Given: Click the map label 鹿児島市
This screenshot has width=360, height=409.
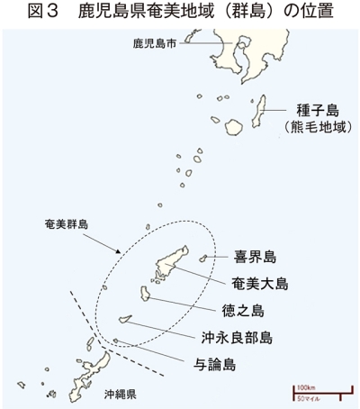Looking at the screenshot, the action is click(x=155, y=44).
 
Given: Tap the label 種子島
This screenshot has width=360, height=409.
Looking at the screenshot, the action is click(x=318, y=110).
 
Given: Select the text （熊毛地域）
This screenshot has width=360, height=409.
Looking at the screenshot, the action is click(x=318, y=127).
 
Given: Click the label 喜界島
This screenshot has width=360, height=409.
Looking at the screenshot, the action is click(x=255, y=257).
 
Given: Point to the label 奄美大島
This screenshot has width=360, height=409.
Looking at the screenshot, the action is click(x=260, y=284).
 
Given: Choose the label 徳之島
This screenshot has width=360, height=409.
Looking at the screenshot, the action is click(x=243, y=311).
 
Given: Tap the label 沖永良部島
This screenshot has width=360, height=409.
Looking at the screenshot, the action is click(x=237, y=338).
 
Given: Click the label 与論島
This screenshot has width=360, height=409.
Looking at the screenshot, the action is click(x=214, y=364).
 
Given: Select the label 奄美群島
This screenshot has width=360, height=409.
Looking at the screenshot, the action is click(x=67, y=224).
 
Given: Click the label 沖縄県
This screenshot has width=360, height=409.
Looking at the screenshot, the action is click(x=121, y=394).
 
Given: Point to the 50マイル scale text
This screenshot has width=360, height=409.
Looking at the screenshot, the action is click(x=309, y=399).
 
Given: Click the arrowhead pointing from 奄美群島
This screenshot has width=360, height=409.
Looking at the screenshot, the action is click(x=119, y=251).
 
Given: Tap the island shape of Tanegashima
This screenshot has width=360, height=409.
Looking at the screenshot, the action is click(x=258, y=111).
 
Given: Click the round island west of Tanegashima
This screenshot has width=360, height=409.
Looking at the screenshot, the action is click(x=234, y=127).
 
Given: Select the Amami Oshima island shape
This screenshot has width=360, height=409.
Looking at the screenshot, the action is click(x=168, y=264).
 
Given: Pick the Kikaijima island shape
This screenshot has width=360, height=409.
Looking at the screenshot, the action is click(x=203, y=258).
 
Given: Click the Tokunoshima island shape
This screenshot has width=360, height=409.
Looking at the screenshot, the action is click(x=145, y=294).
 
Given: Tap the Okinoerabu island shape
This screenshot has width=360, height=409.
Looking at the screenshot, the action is click(x=125, y=319).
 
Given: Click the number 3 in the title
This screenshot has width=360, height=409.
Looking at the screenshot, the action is click(x=52, y=11).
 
